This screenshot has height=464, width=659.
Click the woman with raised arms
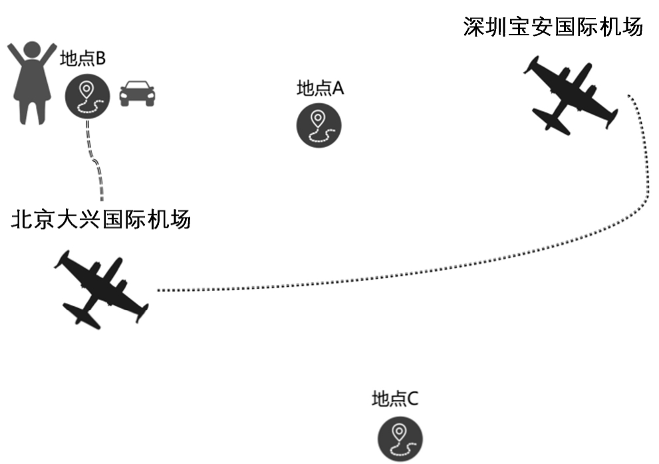tap(30, 83)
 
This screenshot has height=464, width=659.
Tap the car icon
tap(137, 94)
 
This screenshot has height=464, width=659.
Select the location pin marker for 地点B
tap(87, 97)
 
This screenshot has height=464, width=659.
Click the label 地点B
tap(83, 59)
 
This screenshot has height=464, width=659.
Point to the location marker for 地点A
tap(319, 124)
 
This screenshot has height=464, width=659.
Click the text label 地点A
tap(320, 89)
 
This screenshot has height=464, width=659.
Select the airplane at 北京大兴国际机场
tap(100, 290)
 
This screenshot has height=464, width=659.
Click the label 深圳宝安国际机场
tap(553, 27)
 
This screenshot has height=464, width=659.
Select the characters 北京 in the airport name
tap(33, 219)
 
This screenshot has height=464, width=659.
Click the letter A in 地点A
tap(337, 89)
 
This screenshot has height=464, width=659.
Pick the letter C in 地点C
tap(412, 399)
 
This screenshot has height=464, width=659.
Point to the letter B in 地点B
tap(100, 59)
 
